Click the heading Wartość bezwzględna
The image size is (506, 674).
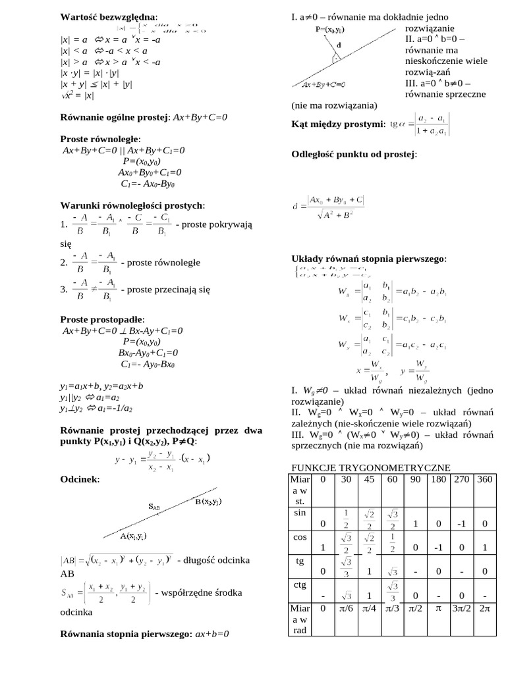pos(109,16)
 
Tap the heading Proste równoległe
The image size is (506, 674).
pos(99,140)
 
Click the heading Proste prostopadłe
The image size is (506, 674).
pos(101,320)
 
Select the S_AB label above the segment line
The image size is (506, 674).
pos(153,507)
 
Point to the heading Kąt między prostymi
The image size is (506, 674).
pos(338,124)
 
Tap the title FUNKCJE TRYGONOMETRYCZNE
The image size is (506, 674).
pos(370,467)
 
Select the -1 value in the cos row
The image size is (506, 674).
pos(437,547)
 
